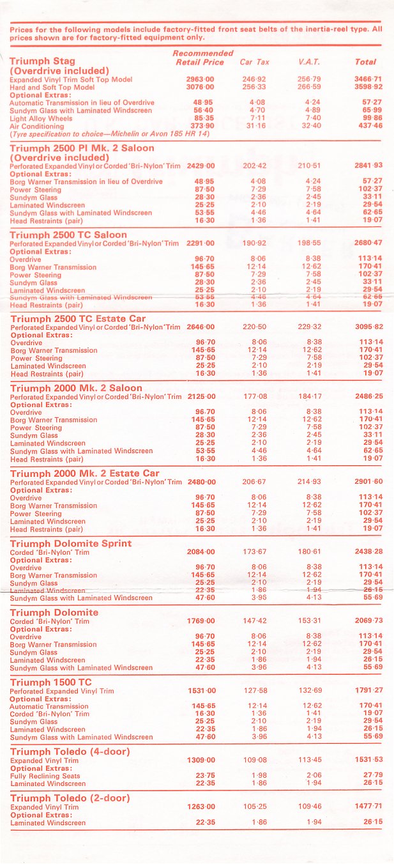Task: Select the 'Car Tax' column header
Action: tap(254, 62)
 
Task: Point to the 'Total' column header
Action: tap(365, 62)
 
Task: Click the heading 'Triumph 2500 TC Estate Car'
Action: tap(78, 318)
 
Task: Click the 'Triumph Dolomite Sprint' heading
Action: tap(71, 543)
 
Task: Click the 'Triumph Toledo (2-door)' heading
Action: tap(70, 798)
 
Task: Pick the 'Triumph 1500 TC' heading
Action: tap(51, 682)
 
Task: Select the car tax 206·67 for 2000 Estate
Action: tap(254, 482)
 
